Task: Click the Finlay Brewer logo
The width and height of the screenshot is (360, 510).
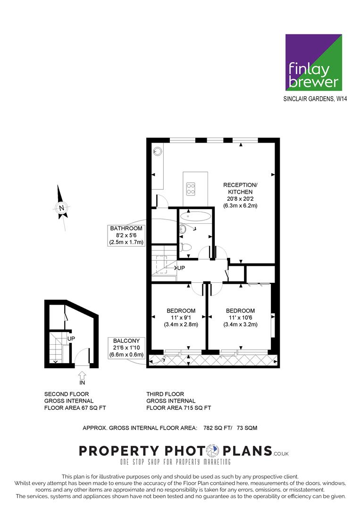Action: coord(313,62)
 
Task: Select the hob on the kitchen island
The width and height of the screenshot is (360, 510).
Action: coord(191,188)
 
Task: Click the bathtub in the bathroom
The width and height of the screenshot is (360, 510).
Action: coord(195,217)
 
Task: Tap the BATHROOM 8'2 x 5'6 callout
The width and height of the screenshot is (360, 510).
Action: coord(126,235)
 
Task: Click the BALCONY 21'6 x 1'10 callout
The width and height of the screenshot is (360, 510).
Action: coord(127,347)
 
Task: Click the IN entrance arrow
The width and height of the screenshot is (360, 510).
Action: coord(82,376)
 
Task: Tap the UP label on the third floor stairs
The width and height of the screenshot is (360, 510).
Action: coord(181,268)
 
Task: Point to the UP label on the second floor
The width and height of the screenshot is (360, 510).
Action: coord(71,339)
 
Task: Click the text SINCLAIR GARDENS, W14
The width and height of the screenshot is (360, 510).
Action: coord(312,99)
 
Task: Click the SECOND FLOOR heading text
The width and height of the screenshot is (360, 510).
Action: coord(67,394)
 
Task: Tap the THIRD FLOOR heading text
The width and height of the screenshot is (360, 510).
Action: coord(165,394)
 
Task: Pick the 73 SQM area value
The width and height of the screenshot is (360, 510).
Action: coord(247,428)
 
